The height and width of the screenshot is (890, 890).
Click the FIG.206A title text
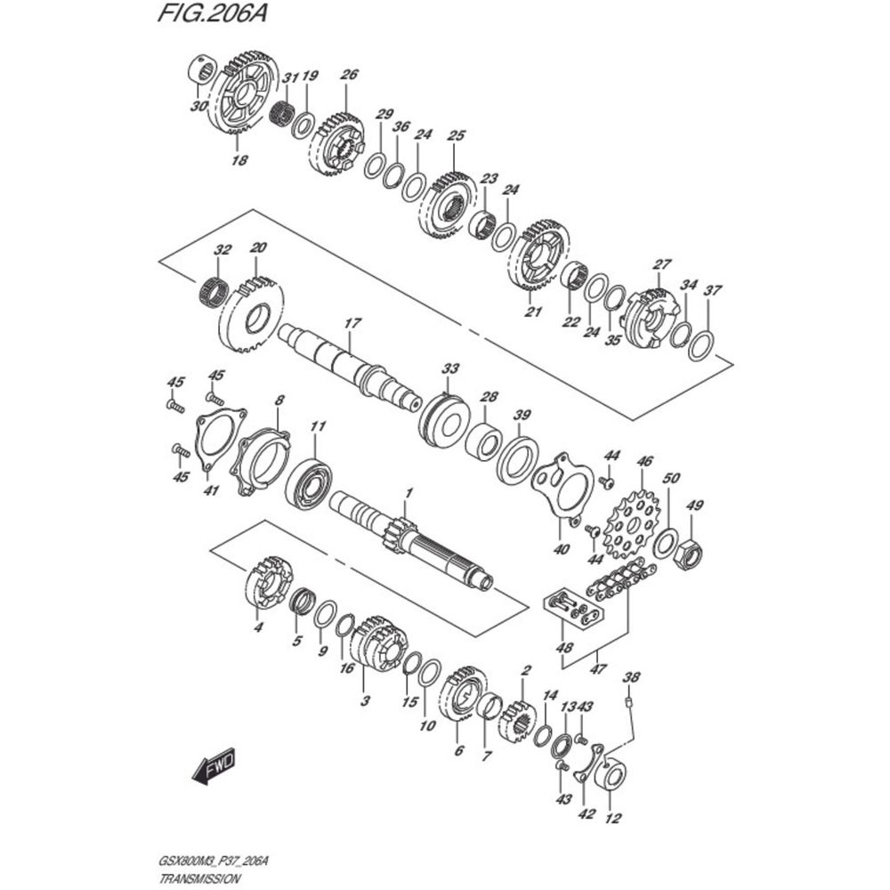coord(212,13)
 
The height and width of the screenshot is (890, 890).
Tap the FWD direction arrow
coord(214,769)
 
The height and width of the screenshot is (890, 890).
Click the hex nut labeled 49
coord(689,554)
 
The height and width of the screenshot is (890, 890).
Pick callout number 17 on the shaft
coord(352,324)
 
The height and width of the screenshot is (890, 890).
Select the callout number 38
coord(631,677)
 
